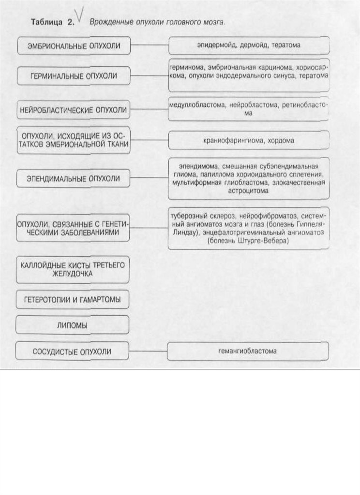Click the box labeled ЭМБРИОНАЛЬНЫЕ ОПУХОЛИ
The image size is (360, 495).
point(74,46)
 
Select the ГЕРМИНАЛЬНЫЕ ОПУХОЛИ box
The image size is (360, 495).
point(74,76)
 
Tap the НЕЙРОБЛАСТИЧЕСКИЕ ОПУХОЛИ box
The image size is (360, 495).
point(74,110)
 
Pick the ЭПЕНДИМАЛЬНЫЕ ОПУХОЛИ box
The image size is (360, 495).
point(74,178)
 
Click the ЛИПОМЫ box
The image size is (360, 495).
point(73,326)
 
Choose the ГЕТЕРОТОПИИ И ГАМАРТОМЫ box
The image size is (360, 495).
point(73,300)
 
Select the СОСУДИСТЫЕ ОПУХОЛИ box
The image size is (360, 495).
point(73,351)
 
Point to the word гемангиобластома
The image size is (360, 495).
point(248,351)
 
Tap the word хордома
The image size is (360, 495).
point(282,140)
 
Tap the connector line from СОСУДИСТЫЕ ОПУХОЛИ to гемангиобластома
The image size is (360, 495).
point(149,351)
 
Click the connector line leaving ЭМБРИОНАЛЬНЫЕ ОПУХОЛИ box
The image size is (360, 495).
point(149,45)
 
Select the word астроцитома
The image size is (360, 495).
point(248,191)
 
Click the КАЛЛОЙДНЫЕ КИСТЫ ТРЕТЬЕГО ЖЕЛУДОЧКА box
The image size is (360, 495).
point(73,269)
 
